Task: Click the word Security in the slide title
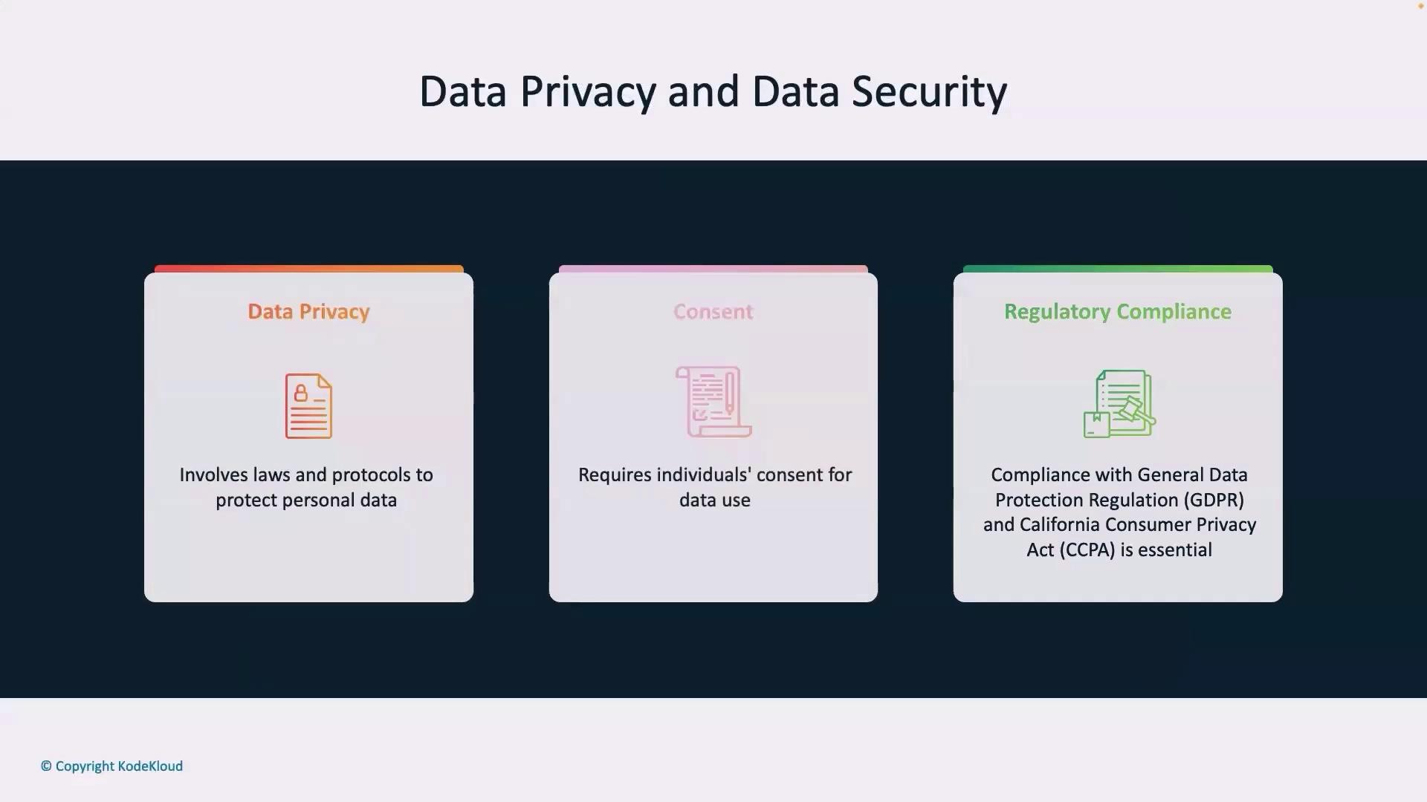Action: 929,93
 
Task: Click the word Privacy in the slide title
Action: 587,93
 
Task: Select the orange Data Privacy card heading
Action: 308,312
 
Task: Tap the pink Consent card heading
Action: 713,311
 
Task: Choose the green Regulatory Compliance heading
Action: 1118,312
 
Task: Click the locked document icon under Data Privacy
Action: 308,405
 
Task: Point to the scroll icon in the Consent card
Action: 713,401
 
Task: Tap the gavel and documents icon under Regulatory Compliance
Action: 1119,403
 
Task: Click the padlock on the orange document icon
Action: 300,393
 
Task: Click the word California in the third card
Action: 1061,524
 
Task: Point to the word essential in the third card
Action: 1174,550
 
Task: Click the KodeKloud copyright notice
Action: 111,766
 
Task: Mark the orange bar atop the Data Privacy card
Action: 308,269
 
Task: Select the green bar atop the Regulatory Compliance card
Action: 1118,269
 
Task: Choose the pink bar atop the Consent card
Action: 713,269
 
